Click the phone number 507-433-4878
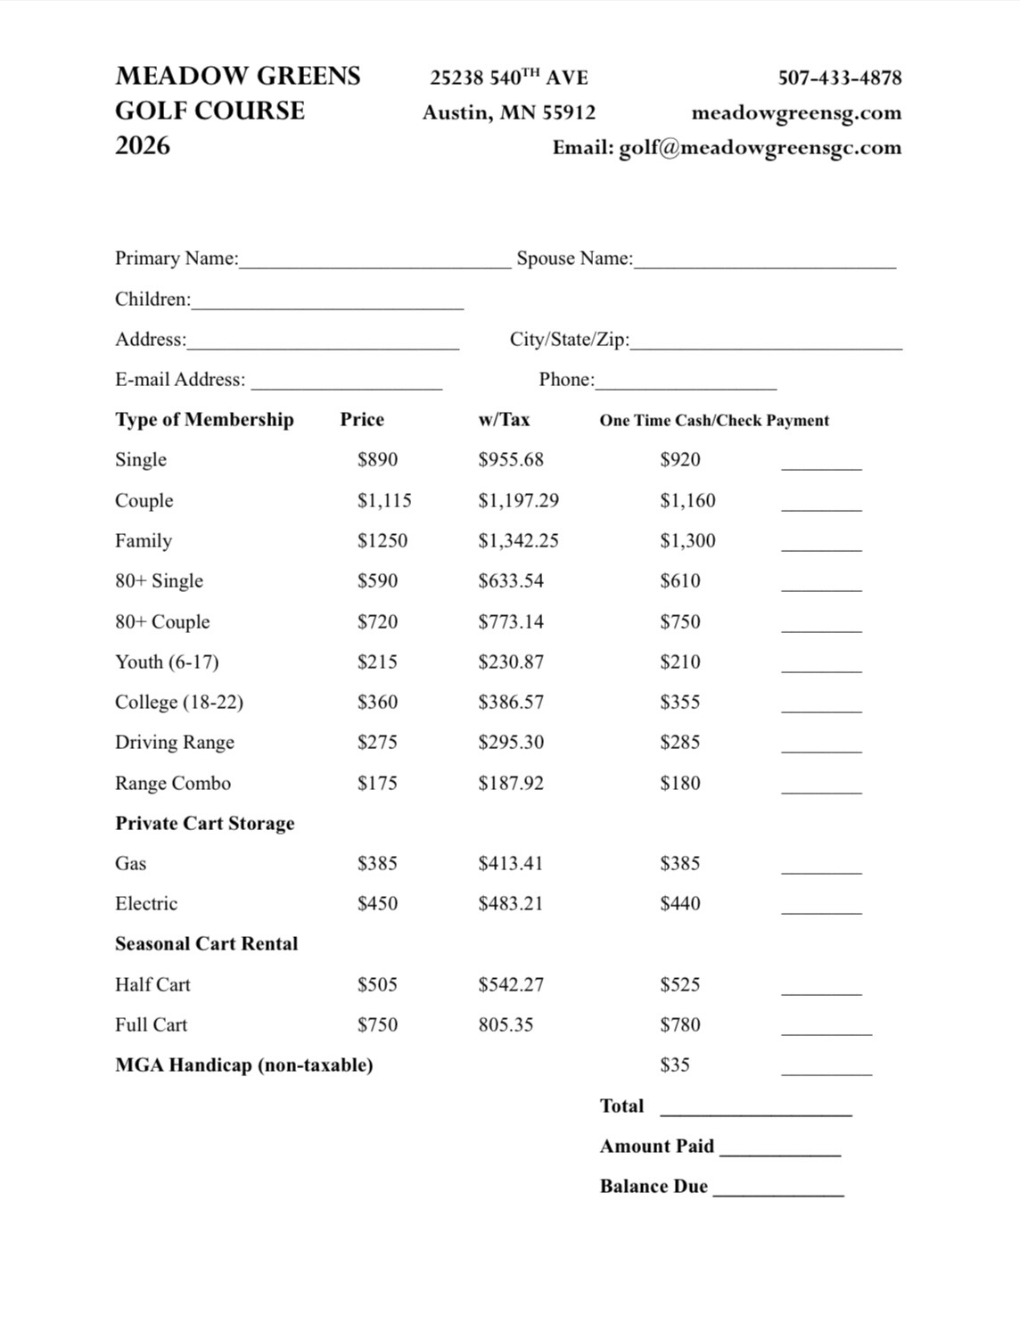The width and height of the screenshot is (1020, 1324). click(839, 78)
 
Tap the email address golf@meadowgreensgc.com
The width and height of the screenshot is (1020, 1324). click(760, 147)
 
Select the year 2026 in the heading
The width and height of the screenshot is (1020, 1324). click(143, 145)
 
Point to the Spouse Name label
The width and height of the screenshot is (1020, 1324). click(574, 259)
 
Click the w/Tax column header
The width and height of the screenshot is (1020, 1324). click(504, 420)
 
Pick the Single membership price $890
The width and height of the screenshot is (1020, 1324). click(377, 460)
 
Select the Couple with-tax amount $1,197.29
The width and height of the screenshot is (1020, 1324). click(518, 501)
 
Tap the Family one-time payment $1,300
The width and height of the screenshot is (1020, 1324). click(687, 541)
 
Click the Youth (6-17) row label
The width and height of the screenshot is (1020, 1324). click(167, 662)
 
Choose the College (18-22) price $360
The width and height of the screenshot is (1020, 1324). click(377, 703)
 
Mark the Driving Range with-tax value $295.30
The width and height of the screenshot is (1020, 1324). click(511, 743)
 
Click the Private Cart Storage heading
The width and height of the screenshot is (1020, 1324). click(204, 824)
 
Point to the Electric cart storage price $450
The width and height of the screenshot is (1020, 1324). click(377, 904)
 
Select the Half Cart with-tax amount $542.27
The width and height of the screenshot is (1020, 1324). click(511, 985)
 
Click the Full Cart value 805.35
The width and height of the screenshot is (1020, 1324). click(506, 1025)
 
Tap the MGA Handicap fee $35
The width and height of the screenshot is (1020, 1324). click(675, 1065)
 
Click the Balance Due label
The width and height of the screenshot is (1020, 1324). click(654, 1187)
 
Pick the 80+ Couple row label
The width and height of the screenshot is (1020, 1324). click(162, 622)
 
